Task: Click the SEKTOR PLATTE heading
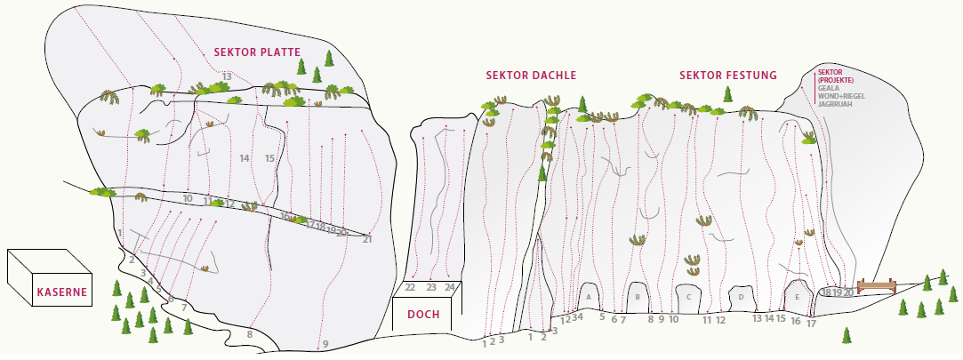click(x=257, y=52)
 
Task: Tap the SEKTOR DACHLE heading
click(x=531, y=76)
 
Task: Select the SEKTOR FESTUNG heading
click(x=727, y=76)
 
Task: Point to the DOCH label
click(x=423, y=314)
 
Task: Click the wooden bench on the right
click(x=875, y=286)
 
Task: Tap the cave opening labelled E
click(x=797, y=295)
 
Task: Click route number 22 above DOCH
click(x=410, y=287)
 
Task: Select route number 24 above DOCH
click(x=451, y=287)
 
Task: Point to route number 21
click(x=367, y=238)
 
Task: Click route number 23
click(x=430, y=287)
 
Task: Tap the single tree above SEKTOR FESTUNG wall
click(x=728, y=93)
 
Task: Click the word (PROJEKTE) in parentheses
click(x=836, y=80)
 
